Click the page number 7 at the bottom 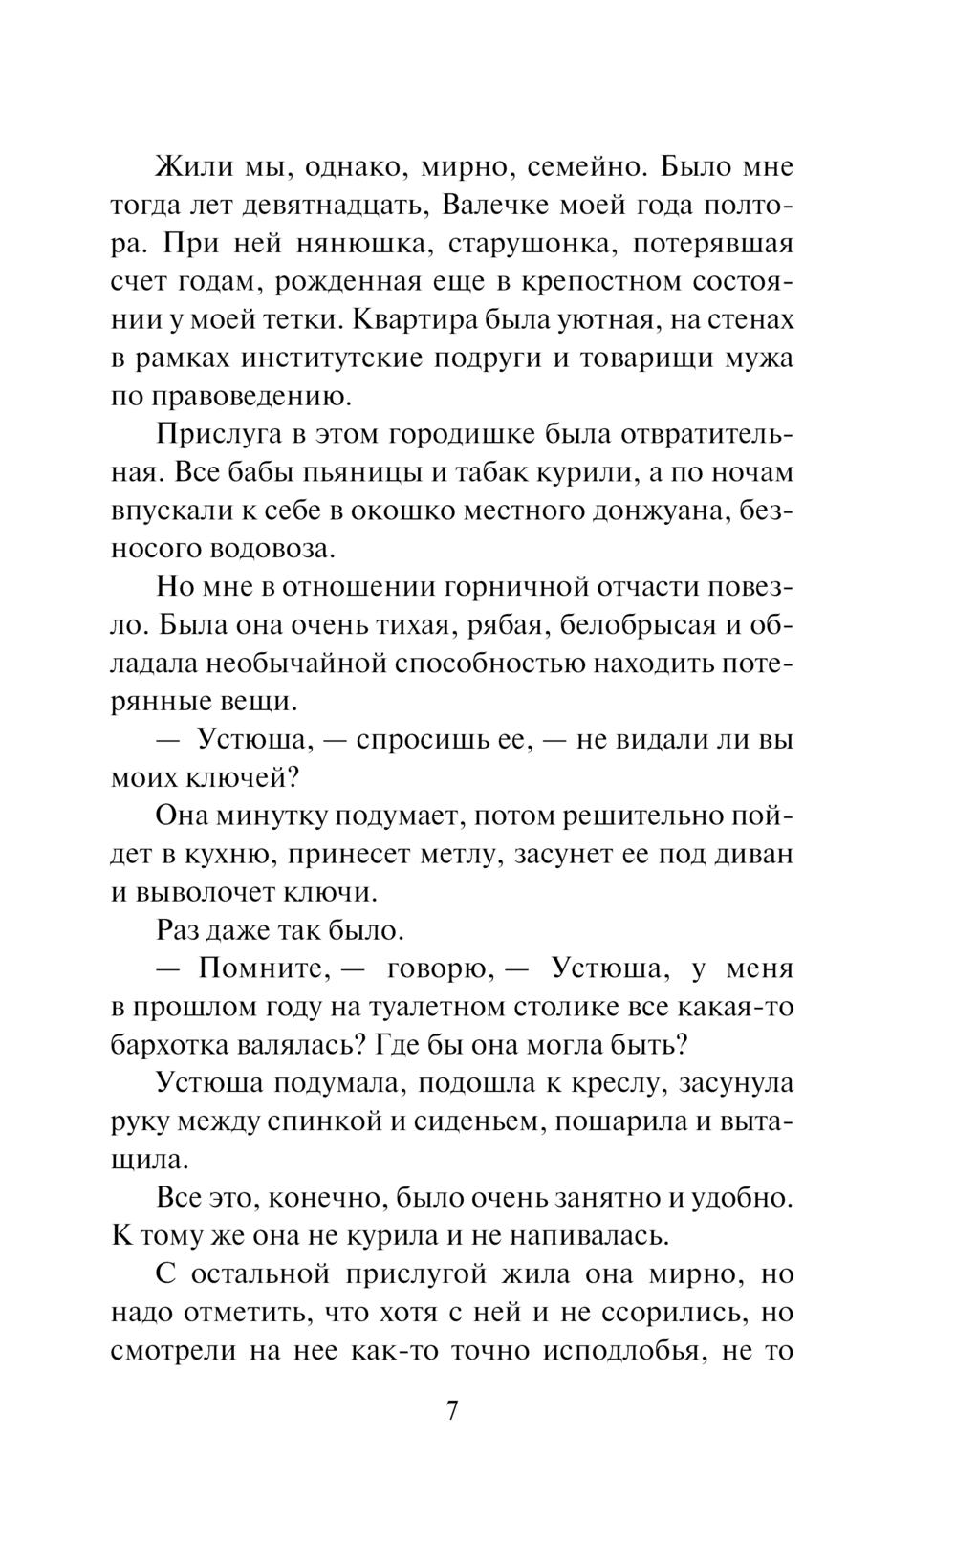click(452, 1412)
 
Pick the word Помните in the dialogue click(258, 968)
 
